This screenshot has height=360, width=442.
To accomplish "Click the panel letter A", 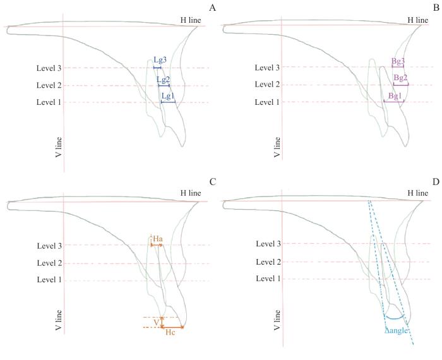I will click(x=213, y=8).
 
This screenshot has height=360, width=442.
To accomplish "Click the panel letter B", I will click(x=436, y=8).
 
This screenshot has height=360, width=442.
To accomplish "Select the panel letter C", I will click(x=213, y=182).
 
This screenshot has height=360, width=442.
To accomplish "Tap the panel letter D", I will click(x=435, y=182).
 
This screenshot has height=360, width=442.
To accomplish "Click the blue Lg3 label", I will click(x=160, y=60).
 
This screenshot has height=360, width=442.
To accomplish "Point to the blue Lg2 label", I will click(x=164, y=80).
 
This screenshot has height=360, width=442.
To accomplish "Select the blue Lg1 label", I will click(x=167, y=96).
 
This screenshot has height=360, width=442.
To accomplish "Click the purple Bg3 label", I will click(x=398, y=61).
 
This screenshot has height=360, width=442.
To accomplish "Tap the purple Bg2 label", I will click(x=400, y=78).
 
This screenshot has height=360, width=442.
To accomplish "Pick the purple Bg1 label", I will click(x=395, y=95).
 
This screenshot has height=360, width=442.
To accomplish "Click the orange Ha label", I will click(x=158, y=238).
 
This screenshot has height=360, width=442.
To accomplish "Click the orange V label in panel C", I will click(x=156, y=322).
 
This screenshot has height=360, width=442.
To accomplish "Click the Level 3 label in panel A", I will click(x=49, y=68).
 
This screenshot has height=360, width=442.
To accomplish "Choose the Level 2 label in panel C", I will click(x=49, y=263).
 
